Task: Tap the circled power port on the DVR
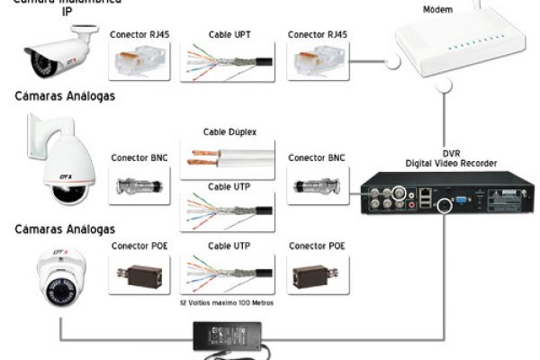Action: [x=443, y=205]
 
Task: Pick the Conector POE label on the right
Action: [x=318, y=245]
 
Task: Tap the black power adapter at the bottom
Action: [x=230, y=339]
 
